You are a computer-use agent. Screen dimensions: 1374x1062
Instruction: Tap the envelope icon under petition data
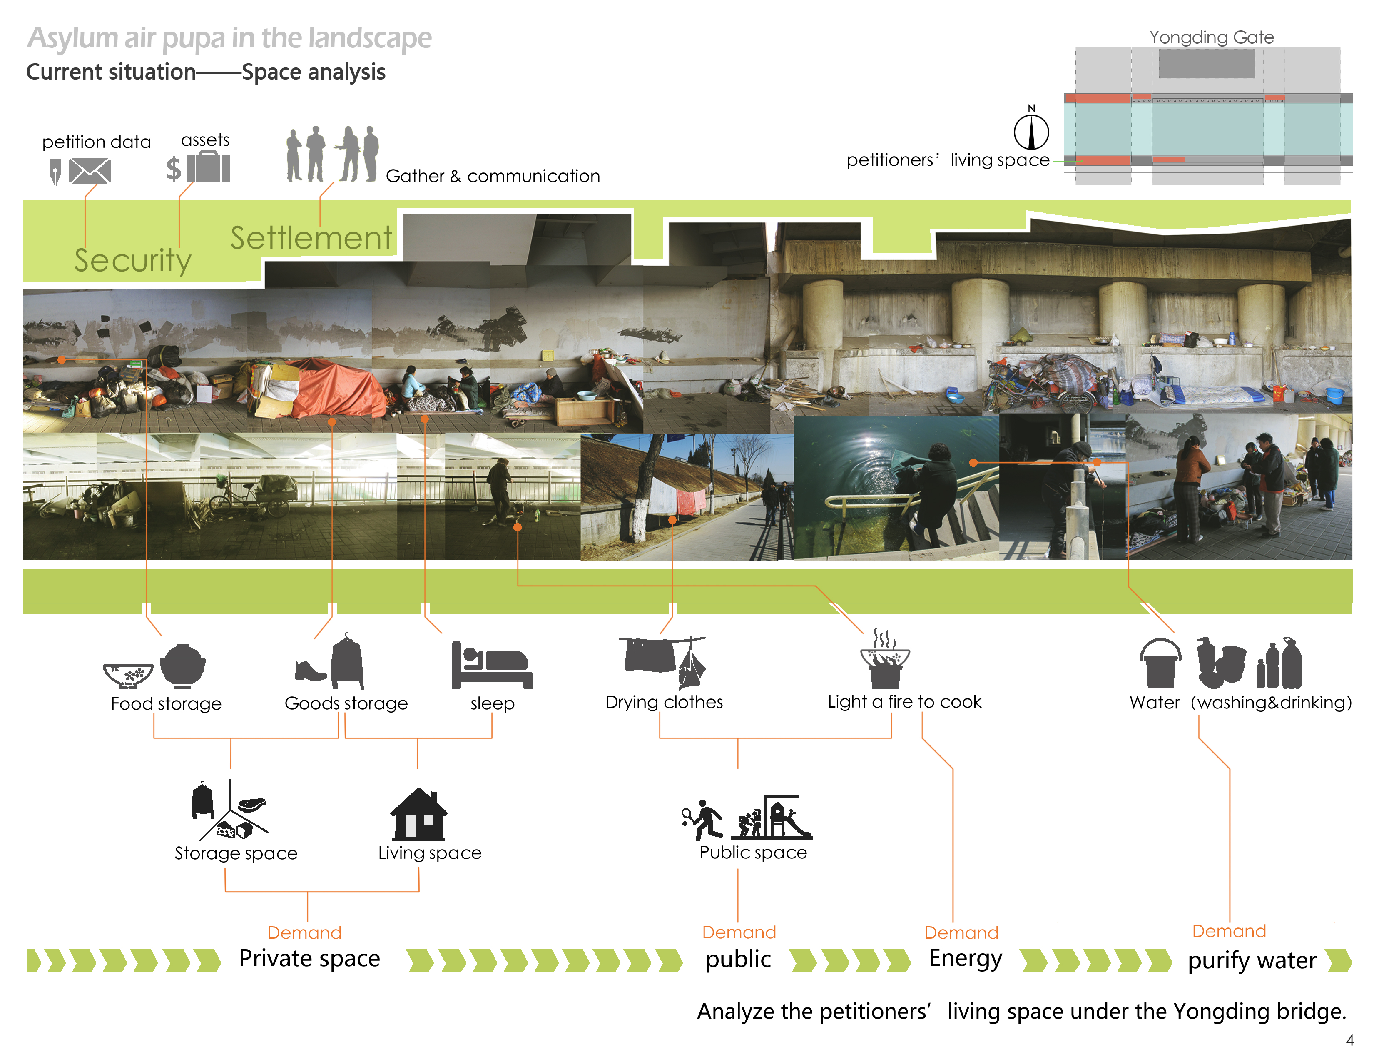pos(90,170)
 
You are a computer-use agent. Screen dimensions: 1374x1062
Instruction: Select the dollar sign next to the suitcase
pos(174,169)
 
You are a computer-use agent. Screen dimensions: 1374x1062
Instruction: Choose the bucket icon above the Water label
pos(1160,664)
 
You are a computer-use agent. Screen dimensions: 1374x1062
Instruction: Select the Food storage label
pos(166,703)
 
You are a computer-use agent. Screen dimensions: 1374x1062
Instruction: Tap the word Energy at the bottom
pos(966,959)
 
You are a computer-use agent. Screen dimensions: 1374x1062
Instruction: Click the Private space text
pos(309,959)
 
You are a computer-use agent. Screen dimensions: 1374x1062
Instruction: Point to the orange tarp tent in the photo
pos(334,388)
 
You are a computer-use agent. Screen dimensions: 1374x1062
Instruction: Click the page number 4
pos(1349,1040)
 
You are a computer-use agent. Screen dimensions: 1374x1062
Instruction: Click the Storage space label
pos(236,853)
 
